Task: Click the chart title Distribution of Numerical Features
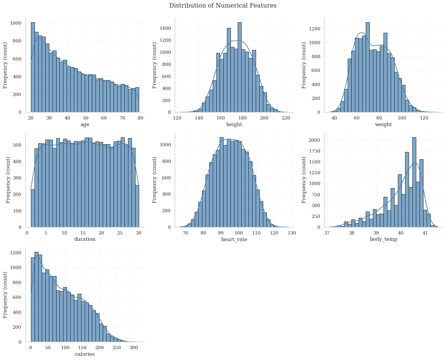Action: [223, 6]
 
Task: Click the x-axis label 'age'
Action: [85, 125]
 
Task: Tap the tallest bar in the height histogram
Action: [240, 67]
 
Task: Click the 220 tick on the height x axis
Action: [286, 118]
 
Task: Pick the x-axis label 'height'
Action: [234, 125]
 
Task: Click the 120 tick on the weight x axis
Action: [424, 118]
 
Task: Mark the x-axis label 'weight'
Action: [383, 125]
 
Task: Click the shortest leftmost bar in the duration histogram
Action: [33, 208]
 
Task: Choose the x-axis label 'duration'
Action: [85, 240]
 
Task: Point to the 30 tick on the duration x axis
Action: [139, 233]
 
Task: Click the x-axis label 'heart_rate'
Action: [234, 240]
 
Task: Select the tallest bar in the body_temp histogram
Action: [414, 182]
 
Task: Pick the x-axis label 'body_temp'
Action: [383, 240]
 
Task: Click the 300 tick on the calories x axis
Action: [134, 348]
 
